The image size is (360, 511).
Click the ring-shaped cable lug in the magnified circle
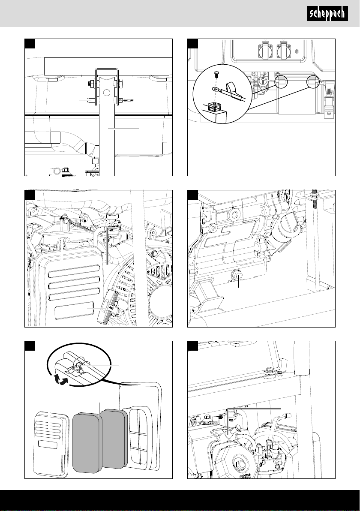215,90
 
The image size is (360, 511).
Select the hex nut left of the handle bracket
90,83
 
